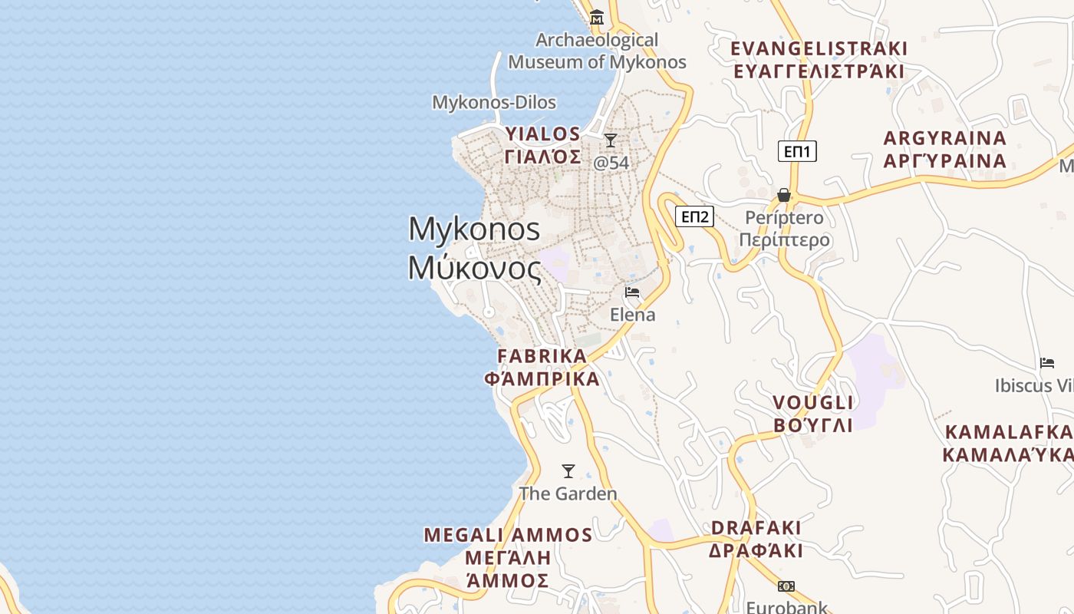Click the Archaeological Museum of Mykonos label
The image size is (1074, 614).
pos(597,51)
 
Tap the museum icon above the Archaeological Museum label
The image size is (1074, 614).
pos(597,17)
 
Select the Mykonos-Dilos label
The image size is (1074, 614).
pos(494,102)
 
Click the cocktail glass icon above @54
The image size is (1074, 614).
pos(611,140)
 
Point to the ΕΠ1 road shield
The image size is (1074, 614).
pos(797,151)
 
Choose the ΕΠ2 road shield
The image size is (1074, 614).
pos(694,216)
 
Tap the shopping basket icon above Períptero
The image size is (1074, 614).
pos(784,195)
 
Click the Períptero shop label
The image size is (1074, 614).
pos(784,229)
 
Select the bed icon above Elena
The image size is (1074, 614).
pos(632,292)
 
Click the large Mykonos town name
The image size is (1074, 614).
pos(475,249)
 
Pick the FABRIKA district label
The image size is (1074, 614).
pos(542,368)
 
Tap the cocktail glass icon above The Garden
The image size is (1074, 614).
pos(568,471)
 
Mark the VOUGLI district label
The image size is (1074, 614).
pos(813,414)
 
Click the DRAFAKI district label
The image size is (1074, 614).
pos(756,539)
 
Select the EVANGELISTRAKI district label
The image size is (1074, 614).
pos(819,60)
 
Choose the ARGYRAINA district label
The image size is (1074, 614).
pos(944,150)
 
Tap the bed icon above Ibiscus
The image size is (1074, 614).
pos(1047,363)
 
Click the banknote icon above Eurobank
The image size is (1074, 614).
pos(786,586)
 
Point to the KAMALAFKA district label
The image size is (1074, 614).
pos(1008,443)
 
